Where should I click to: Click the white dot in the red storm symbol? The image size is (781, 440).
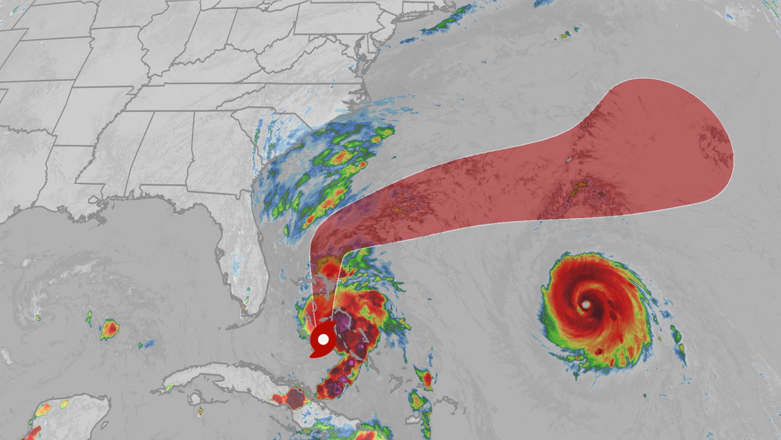pyautogui.click(x=323, y=339)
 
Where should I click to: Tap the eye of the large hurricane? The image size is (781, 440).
pyautogui.click(x=585, y=305)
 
